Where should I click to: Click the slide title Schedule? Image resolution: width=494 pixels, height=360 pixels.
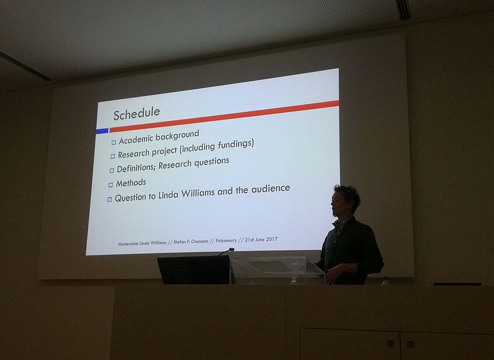(x=136, y=114)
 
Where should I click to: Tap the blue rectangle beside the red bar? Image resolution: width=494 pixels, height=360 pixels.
(x=102, y=131)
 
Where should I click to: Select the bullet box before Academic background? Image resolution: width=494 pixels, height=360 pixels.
(x=114, y=142)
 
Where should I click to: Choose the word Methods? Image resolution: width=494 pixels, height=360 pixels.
(x=131, y=183)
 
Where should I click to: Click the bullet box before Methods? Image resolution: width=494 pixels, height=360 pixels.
(x=111, y=185)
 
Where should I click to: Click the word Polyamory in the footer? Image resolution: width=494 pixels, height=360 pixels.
(x=226, y=240)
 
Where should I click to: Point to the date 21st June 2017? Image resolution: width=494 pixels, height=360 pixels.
(x=261, y=239)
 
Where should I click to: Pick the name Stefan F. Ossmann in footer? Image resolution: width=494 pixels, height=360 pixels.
(x=191, y=242)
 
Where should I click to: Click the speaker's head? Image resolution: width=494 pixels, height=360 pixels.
(x=345, y=201)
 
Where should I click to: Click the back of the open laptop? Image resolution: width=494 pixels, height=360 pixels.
(x=194, y=270)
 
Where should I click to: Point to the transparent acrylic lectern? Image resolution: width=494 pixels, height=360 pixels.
(x=277, y=270)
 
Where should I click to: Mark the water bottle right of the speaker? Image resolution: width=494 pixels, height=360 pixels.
(x=385, y=281)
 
